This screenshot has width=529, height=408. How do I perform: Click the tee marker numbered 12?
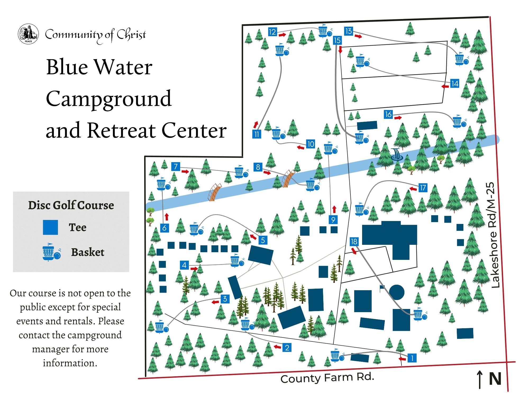pos(272,32)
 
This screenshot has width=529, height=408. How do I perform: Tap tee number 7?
pos(176,167)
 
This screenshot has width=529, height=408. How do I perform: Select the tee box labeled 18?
pos(354,241)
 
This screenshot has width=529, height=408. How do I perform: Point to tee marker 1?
pos(412,358)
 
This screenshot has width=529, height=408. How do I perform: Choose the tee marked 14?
pos(455,84)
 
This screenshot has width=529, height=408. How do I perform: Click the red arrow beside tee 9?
pos(334,209)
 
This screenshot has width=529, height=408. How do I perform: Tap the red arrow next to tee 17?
pos(413,189)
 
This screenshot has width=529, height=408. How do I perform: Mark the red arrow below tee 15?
pos(340,50)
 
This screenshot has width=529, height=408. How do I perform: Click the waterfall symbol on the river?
pos(396,154)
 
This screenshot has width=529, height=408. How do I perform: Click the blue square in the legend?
pos(50,227)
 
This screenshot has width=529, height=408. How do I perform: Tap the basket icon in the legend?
pos(52,252)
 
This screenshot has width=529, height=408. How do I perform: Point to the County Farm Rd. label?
pos(327,378)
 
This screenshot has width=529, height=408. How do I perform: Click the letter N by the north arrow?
pos(495,379)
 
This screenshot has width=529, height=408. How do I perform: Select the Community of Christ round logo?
pos(28,34)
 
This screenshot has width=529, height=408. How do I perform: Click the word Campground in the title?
pos(109,99)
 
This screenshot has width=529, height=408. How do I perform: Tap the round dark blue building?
pos(397,292)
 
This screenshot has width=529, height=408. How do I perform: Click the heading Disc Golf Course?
pos(71,205)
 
